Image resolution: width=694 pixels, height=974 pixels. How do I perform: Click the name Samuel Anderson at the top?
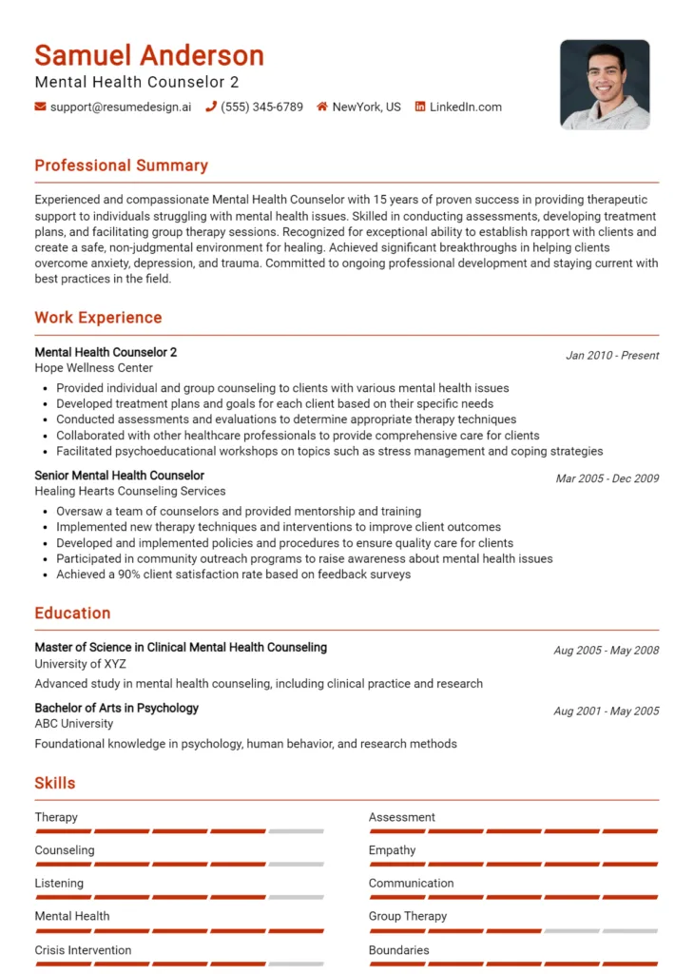[x=149, y=54]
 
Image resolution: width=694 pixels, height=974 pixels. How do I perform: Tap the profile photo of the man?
[x=605, y=85]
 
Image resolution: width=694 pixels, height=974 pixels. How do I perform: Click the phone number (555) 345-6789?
[x=261, y=107]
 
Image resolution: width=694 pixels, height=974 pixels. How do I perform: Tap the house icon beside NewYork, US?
[x=322, y=107]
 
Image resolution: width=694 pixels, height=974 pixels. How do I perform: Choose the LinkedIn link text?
[x=465, y=107]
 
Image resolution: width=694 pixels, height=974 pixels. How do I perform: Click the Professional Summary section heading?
[x=121, y=166]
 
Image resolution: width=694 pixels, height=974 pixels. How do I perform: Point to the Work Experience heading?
[x=98, y=318]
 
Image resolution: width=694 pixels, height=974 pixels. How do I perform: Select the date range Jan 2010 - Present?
[x=612, y=356]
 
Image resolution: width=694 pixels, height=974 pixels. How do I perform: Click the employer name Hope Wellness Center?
[x=93, y=368]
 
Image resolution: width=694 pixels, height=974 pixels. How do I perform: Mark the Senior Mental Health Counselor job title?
[x=119, y=476]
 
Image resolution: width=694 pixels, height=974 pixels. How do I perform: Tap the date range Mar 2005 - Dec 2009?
[x=607, y=478]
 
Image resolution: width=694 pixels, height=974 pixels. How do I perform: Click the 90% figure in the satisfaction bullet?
[x=131, y=575]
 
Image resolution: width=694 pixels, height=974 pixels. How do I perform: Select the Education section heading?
[x=72, y=614]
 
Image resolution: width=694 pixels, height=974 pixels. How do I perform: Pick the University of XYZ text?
[x=80, y=664]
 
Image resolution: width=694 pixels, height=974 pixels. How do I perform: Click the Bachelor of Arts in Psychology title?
[x=116, y=708]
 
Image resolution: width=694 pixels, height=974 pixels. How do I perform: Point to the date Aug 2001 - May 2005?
[x=606, y=711]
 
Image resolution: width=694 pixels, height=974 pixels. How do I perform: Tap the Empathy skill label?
[x=392, y=850]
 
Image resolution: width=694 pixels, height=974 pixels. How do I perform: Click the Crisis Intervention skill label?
[x=83, y=950]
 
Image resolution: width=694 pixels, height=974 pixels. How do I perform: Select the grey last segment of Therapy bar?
[x=296, y=831]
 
